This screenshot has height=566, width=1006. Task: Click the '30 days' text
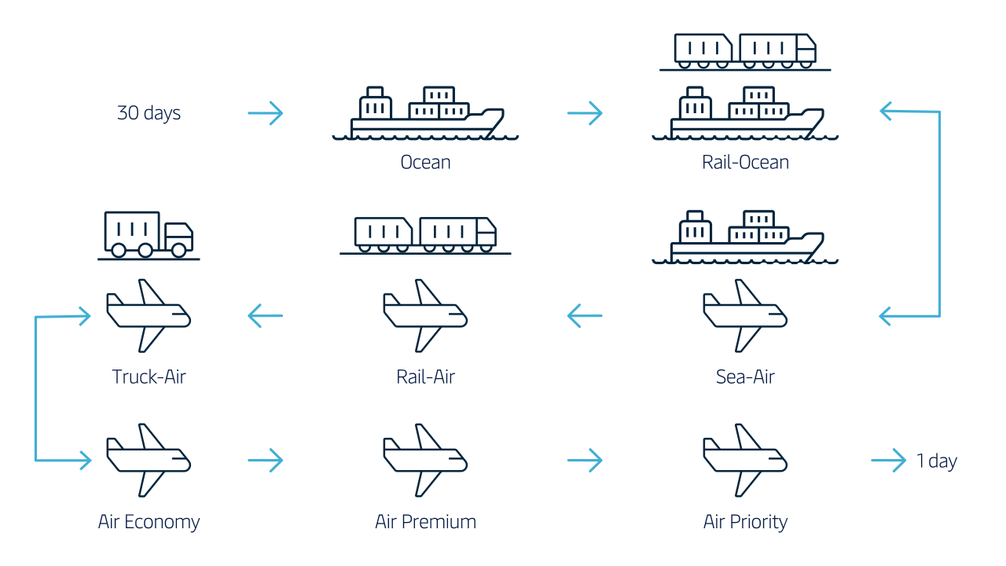click(x=149, y=112)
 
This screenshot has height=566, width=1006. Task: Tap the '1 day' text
click(x=936, y=461)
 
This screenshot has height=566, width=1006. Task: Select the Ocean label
click(x=425, y=162)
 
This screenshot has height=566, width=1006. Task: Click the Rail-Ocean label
click(x=745, y=162)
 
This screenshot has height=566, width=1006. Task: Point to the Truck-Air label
click(x=149, y=377)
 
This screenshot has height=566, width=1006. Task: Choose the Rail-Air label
click(x=425, y=377)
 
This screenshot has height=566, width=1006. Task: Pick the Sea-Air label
click(x=745, y=377)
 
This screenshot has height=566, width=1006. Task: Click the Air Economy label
click(x=149, y=522)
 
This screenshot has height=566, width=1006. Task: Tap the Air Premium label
click(x=425, y=522)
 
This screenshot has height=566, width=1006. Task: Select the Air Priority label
click(x=745, y=522)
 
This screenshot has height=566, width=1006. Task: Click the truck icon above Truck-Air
click(x=149, y=236)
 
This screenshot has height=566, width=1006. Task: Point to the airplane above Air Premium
click(x=425, y=460)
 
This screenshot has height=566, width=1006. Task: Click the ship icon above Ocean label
click(x=425, y=113)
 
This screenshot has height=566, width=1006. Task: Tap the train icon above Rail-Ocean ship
click(x=745, y=52)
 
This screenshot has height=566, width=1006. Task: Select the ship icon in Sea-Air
click(x=745, y=237)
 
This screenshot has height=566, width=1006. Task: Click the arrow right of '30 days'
click(x=266, y=112)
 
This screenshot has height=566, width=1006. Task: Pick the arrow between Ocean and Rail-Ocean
click(x=585, y=112)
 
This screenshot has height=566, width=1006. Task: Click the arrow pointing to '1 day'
click(x=888, y=460)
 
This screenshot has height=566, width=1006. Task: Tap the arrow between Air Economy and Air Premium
click(x=266, y=460)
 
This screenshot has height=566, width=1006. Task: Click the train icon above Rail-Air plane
click(x=425, y=236)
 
